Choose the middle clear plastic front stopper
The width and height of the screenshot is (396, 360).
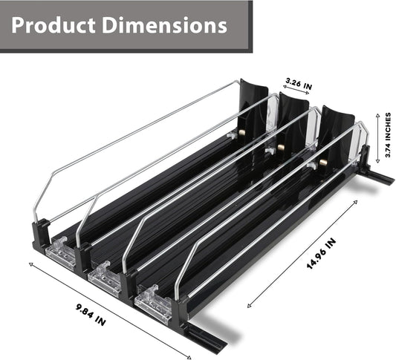[105, 278]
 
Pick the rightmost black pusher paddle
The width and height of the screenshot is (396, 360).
[337, 134]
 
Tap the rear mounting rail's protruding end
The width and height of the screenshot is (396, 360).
[383, 178]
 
